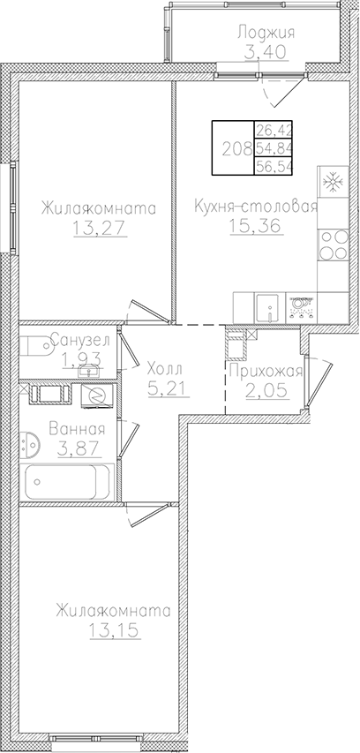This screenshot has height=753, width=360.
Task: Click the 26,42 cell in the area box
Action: (274, 131)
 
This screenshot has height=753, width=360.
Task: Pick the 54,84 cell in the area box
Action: (274, 147)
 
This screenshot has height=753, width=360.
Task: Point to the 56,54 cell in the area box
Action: (274, 165)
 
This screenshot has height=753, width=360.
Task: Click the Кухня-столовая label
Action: (255, 207)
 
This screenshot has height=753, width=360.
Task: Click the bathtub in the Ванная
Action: (68, 482)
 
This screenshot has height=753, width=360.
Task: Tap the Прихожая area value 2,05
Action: (265, 389)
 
